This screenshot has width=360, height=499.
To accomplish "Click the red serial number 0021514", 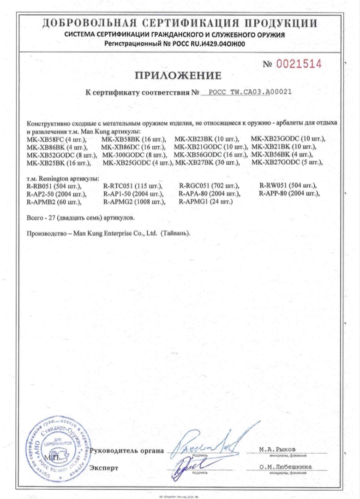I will coord(298,64).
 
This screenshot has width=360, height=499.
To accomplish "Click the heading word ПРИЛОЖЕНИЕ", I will coord(178,75).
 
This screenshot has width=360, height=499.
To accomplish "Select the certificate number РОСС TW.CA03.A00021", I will coord(250,92).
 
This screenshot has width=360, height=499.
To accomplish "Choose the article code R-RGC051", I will coord(193,186).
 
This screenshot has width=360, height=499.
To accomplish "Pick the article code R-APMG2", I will coord(117,202).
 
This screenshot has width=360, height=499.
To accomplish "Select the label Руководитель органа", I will coord(127,451).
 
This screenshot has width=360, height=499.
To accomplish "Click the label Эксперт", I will coord(104,468).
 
